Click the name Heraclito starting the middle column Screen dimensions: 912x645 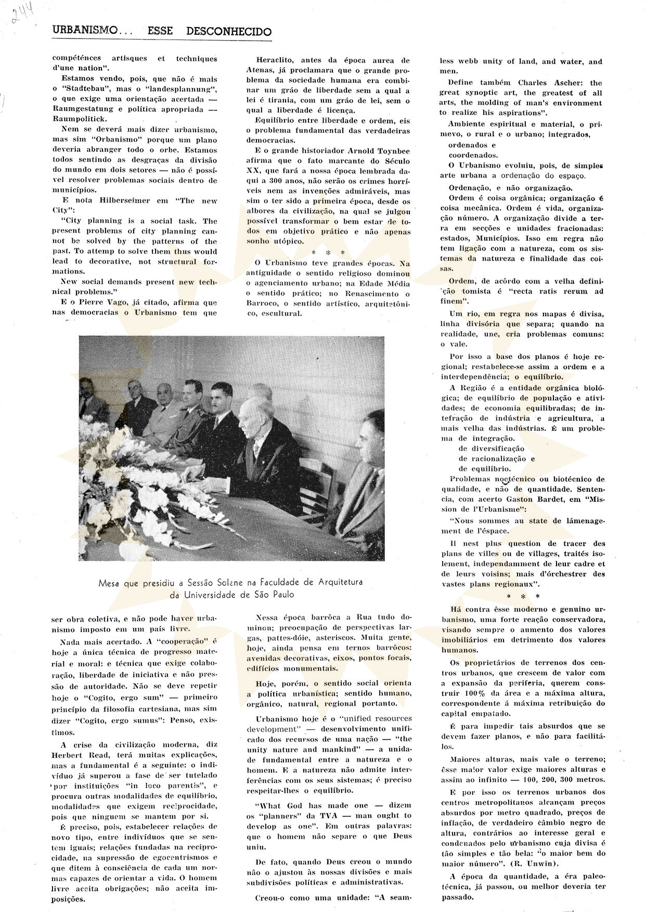pyautogui.click(x=279, y=60)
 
